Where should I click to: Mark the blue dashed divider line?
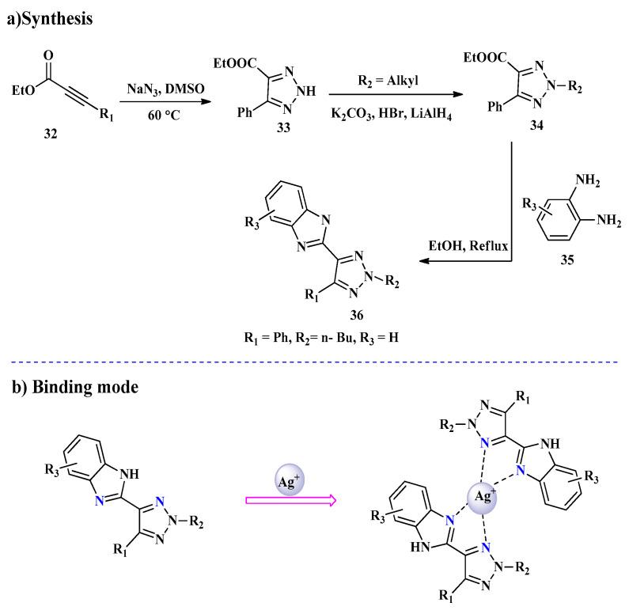(314, 360)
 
